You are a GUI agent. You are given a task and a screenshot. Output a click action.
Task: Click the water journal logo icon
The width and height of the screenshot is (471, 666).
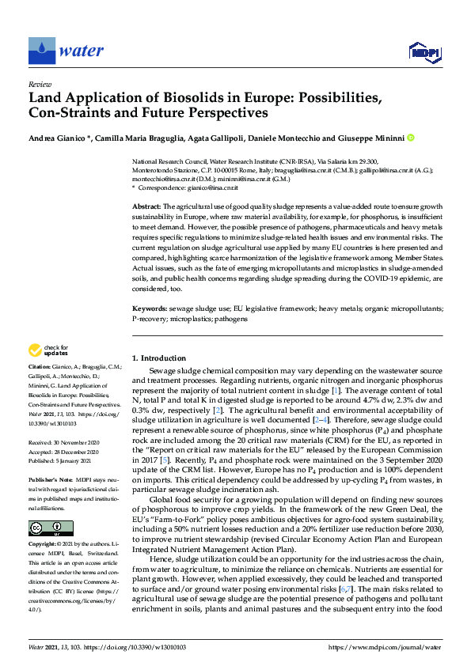(x=40, y=50)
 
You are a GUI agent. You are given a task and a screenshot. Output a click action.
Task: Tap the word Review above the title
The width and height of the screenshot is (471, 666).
(x=36, y=83)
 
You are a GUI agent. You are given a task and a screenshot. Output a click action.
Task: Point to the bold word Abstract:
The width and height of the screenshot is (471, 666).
(x=147, y=206)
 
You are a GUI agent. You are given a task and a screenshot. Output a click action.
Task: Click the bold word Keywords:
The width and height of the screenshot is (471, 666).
(x=150, y=308)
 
